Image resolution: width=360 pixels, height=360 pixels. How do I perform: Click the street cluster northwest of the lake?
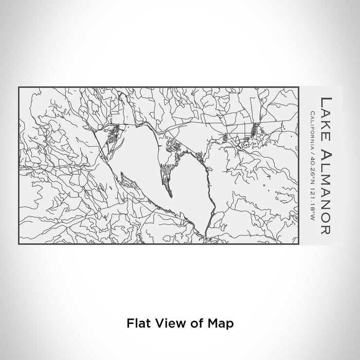pyautogui.click(x=113, y=135)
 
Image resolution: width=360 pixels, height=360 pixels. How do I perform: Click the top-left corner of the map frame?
pyautogui.click(x=19, y=87)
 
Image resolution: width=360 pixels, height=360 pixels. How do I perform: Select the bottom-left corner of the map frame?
pyautogui.click(x=19, y=244)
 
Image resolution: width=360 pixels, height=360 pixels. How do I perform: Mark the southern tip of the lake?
pyautogui.click(x=206, y=237)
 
